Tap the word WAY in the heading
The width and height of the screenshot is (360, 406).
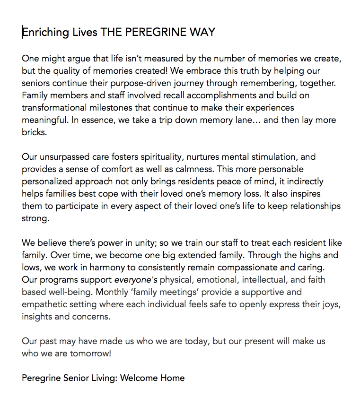pos(202,32)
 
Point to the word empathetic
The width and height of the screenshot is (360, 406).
pos(44,304)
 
